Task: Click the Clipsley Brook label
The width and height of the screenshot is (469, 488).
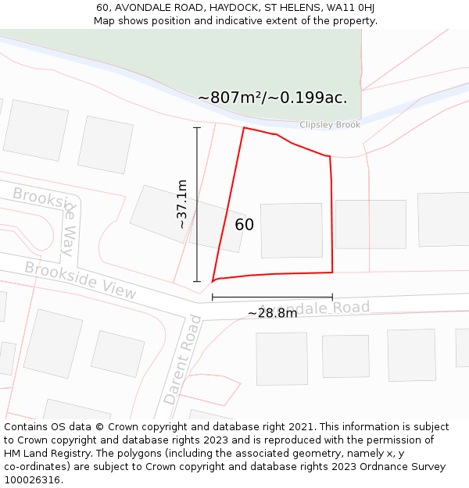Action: (x=330, y=125)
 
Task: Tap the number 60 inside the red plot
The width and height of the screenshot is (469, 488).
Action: (x=244, y=225)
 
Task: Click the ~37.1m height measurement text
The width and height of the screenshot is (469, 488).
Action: (x=181, y=204)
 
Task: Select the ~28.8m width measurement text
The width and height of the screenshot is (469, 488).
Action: (x=272, y=313)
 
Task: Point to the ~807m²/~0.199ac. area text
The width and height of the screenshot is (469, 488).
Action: (x=272, y=98)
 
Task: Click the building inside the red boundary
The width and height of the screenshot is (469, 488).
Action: (x=291, y=230)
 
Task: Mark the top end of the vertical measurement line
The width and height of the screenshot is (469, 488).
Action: (x=196, y=127)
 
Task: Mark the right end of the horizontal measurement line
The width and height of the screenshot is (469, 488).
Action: (x=332, y=297)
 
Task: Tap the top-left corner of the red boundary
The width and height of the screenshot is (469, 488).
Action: (x=244, y=128)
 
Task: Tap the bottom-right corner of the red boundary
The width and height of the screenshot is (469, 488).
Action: (x=332, y=272)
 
